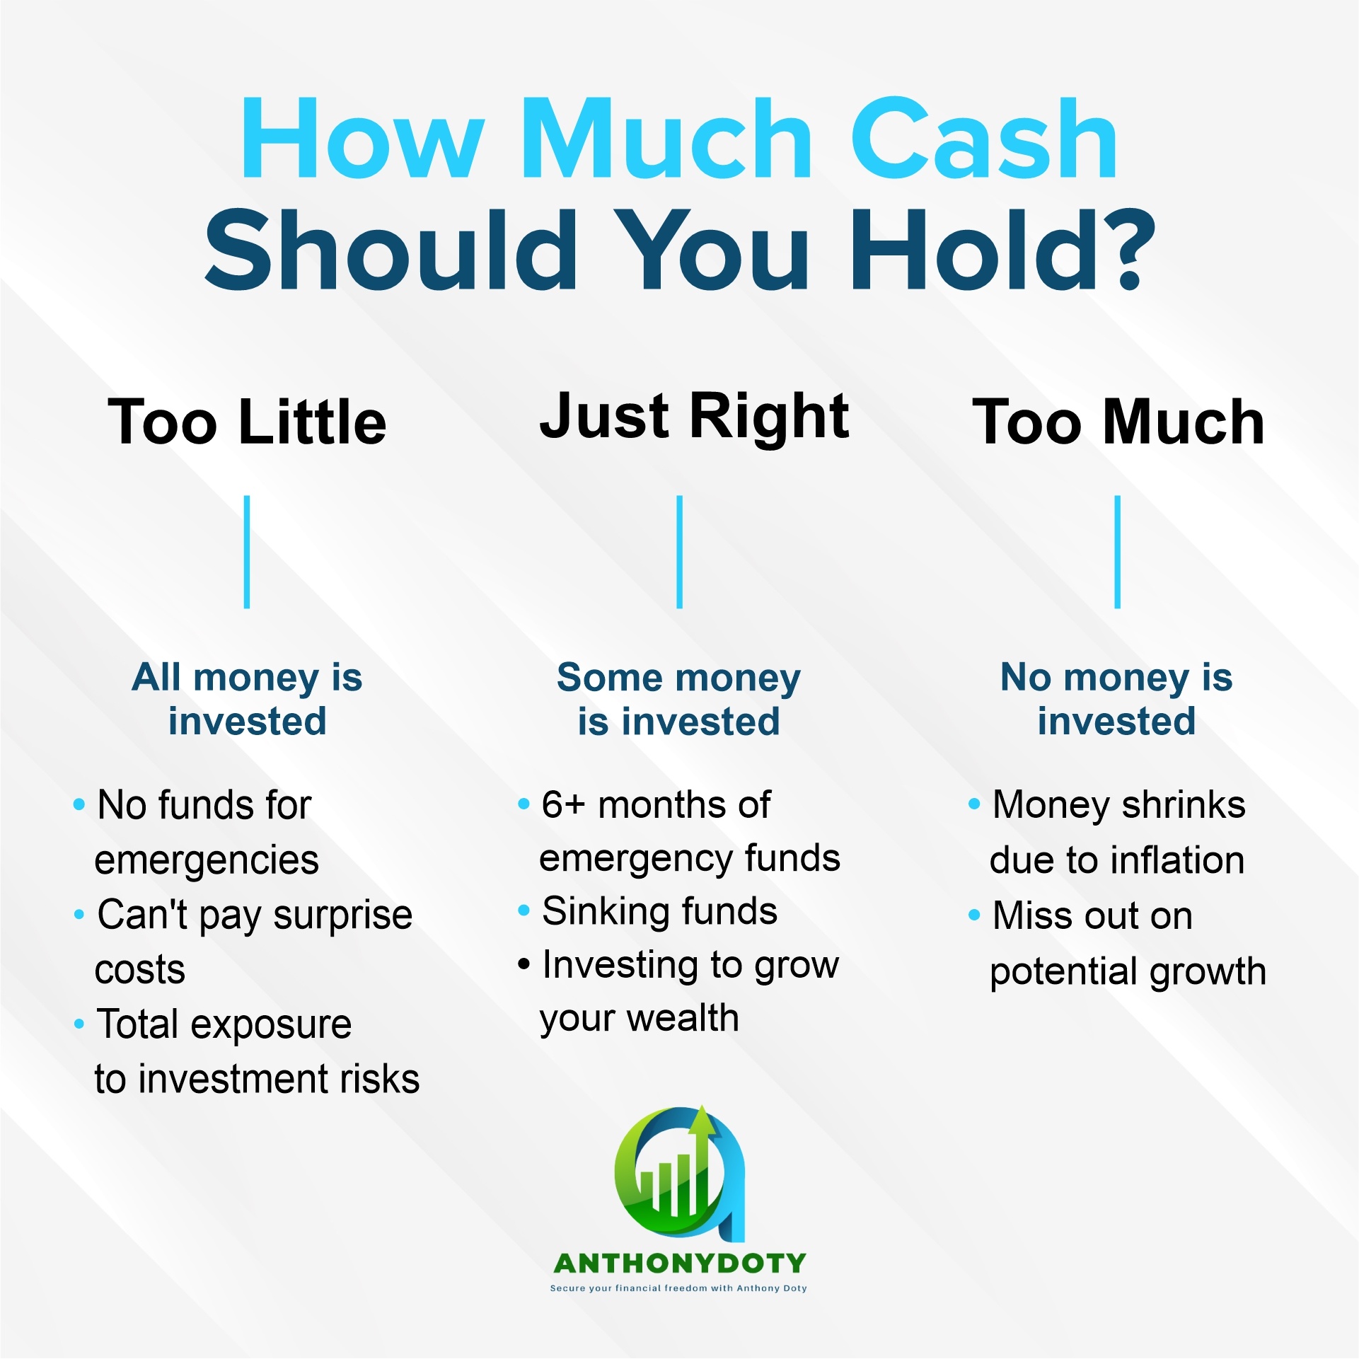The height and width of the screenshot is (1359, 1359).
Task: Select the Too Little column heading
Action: pos(247,422)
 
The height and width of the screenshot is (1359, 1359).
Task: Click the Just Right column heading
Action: pos(694,417)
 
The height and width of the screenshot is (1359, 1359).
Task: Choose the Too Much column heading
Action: pos(1118,422)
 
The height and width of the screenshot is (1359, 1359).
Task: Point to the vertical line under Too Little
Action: pos(247,552)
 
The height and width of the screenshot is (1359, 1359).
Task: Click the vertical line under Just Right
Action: pos(680,552)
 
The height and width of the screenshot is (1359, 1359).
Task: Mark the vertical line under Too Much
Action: pos(1118,552)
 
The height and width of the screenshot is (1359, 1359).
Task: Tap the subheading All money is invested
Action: pos(247,699)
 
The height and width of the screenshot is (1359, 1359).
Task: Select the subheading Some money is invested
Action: pos(679,699)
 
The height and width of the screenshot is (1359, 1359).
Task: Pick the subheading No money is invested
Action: pos(1117,699)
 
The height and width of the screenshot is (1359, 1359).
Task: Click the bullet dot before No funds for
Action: pos(79,805)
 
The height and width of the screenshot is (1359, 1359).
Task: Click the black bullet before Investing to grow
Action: pos(524,964)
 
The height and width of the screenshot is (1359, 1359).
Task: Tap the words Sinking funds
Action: pos(659,911)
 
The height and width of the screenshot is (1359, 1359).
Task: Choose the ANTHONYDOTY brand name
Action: pos(680,1263)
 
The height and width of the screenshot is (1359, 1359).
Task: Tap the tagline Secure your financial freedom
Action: pos(679,1288)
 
